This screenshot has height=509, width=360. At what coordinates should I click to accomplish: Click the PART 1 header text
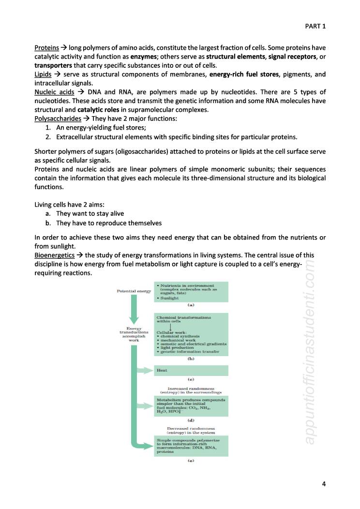click(x=315, y=26)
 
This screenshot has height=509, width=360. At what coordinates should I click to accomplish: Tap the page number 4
click(x=323, y=483)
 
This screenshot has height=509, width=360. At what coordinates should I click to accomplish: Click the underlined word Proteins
click(x=46, y=48)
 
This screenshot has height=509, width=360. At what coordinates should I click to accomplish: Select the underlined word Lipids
click(x=43, y=75)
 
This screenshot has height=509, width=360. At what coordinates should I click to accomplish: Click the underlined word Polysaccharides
click(x=58, y=118)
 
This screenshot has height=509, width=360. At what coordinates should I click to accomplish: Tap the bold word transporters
click(x=53, y=66)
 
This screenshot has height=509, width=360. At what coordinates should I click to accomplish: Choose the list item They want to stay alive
click(x=90, y=213)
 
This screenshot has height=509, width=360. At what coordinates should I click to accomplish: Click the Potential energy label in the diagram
click(x=134, y=291)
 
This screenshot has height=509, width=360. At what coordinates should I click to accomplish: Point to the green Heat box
click(x=191, y=370)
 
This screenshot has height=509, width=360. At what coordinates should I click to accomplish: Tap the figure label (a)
click(x=191, y=305)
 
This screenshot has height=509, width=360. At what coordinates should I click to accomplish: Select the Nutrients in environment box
click(x=191, y=292)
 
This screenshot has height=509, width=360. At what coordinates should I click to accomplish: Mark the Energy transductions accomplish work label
click(x=134, y=334)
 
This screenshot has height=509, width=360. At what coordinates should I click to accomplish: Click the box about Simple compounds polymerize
click(x=191, y=446)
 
